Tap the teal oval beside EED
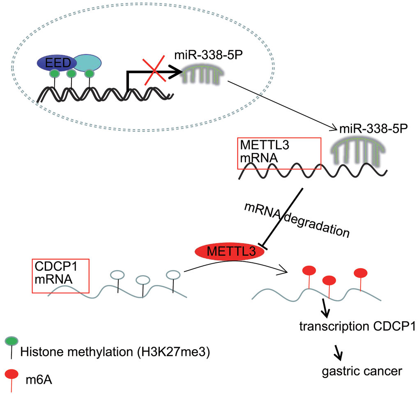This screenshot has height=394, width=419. tap(88, 62)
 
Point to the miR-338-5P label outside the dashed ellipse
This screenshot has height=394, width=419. tap(373, 128)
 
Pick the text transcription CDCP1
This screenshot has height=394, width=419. tap(358, 327)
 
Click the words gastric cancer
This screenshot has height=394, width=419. tap(361, 371)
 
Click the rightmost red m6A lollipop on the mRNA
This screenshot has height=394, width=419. tap(360, 273)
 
